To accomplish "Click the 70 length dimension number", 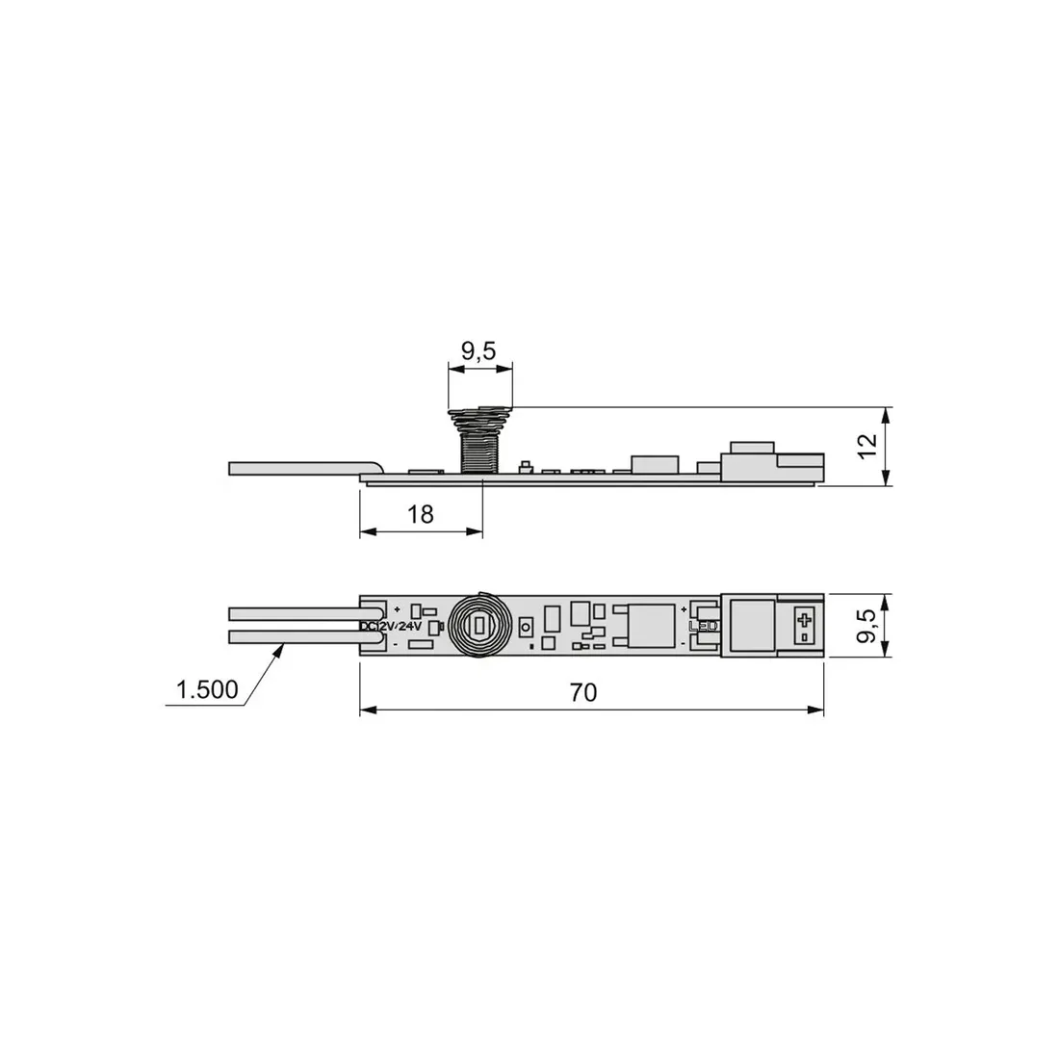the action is [x=583, y=692].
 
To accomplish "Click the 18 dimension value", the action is [x=420, y=515].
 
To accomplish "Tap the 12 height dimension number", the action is [x=867, y=446].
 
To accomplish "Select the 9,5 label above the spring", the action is [x=478, y=351].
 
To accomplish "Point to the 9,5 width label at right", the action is [x=867, y=626].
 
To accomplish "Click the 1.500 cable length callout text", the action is [x=207, y=689].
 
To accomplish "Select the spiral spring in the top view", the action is [x=478, y=626].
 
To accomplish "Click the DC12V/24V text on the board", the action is [x=391, y=626].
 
